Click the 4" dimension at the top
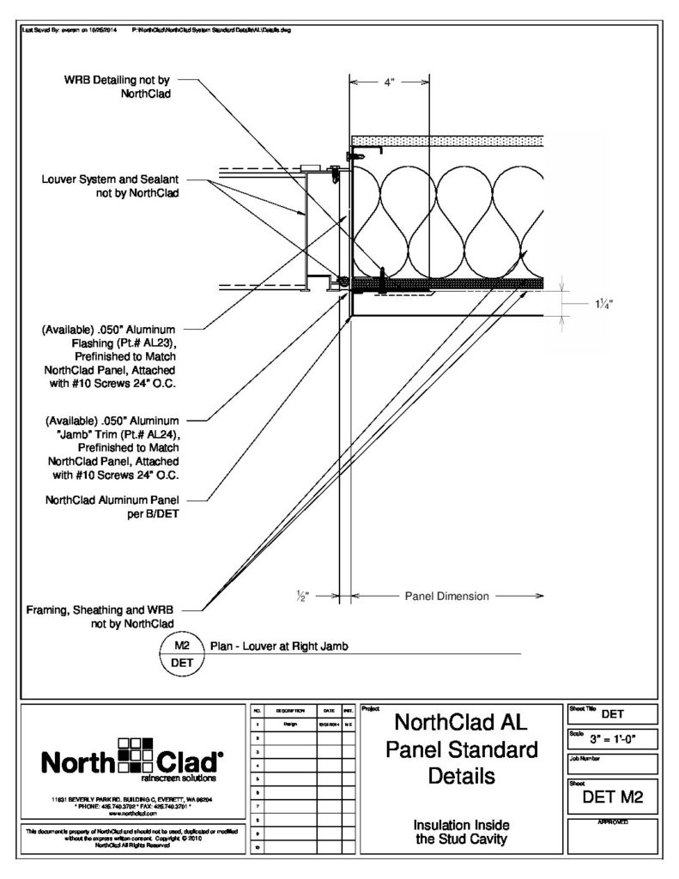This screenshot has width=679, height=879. click(389, 83)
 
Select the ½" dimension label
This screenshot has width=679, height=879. click(302, 594)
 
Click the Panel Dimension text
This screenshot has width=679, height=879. click(446, 596)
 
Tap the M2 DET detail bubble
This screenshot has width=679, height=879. click(181, 654)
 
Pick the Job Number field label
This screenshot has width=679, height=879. click(587, 759)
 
